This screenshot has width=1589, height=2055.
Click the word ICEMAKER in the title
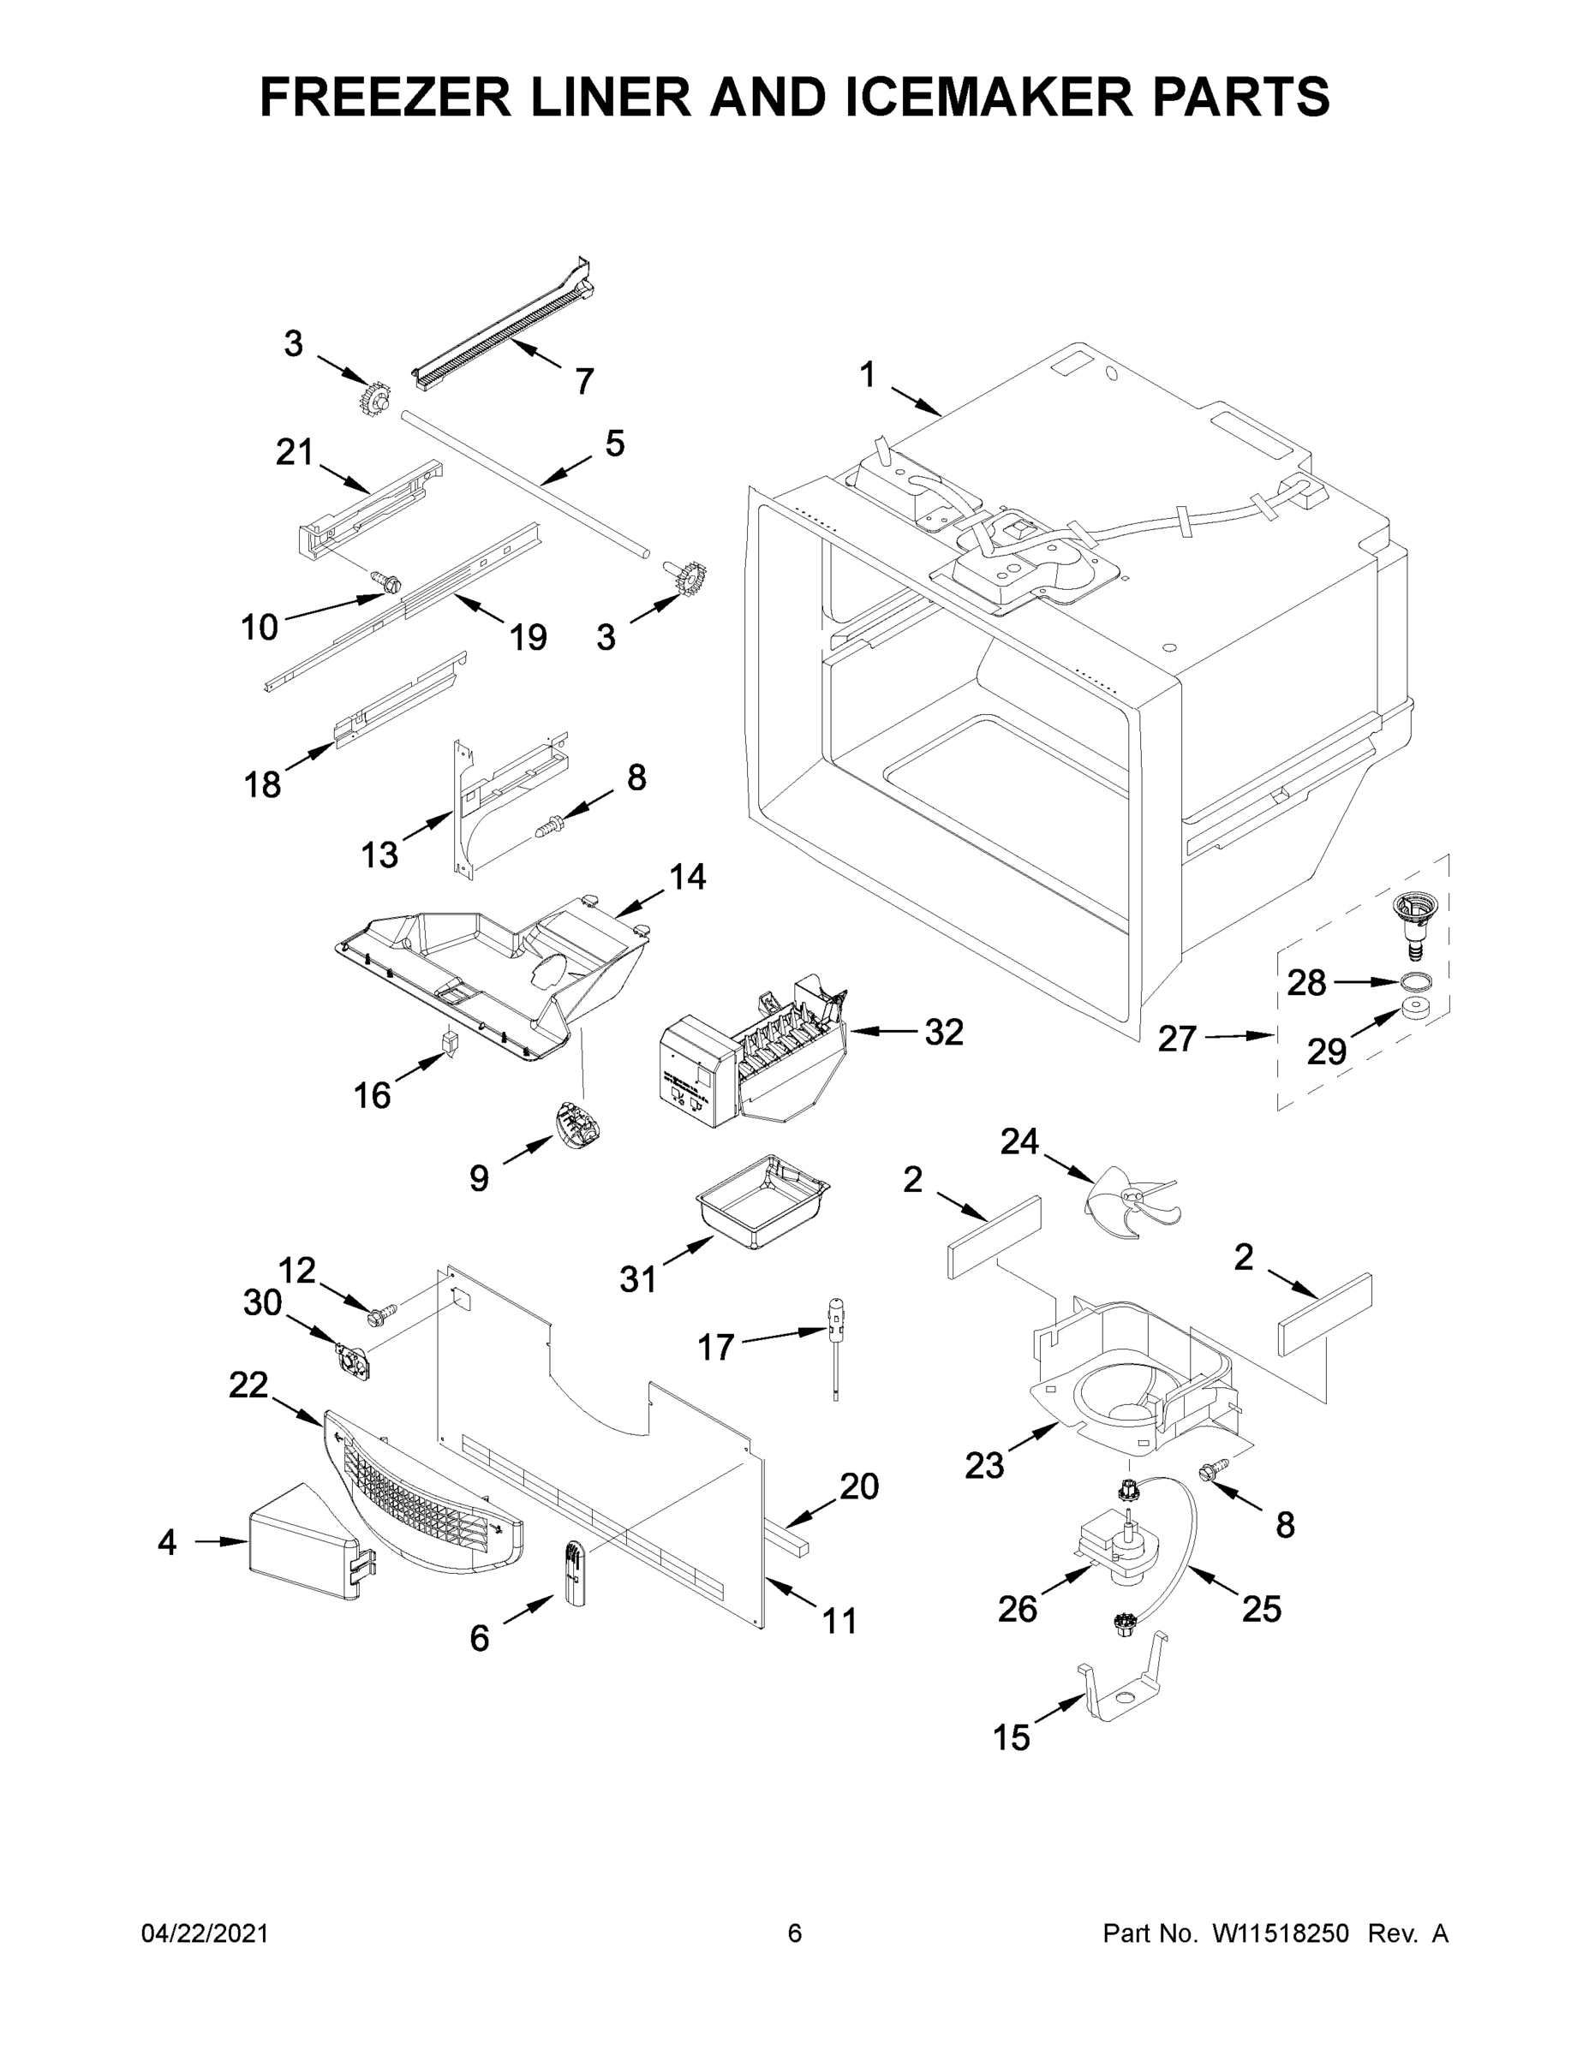click(x=989, y=97)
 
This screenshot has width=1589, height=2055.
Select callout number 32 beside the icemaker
click(x=943, y=1032)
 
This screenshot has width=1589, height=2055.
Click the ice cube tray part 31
click(x=762, y=1202)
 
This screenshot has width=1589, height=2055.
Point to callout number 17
click(x=715, y=1348)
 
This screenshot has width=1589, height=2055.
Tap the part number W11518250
click(x=1281, y=1933)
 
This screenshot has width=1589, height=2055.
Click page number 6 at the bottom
click(x=795, y=1933)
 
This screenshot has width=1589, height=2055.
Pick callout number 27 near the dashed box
click(x=1177, y=1039)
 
